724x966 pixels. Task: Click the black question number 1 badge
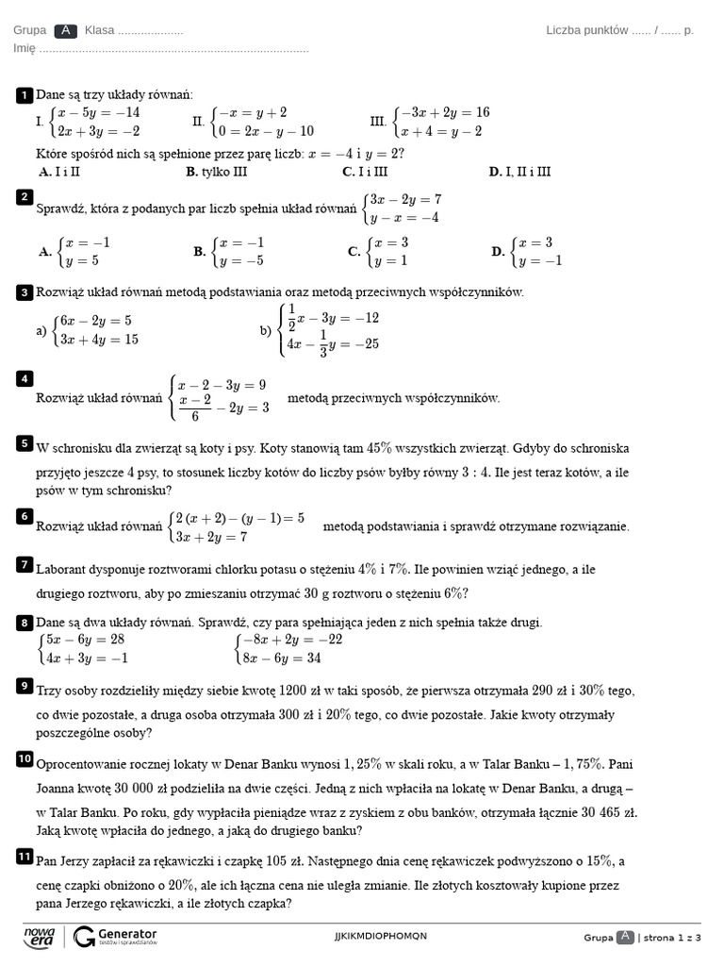[x=24, y=95]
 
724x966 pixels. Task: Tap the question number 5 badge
[x=24, y=442]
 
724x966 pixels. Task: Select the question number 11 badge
[x=24, y=856]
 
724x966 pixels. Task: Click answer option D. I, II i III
[x=519, y=172]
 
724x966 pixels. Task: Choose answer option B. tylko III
[x=217, y=172]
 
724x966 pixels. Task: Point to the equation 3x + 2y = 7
[x=210, y=537]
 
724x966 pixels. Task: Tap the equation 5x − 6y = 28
[x=86, y=640]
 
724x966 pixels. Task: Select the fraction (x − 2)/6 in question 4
[x=194, y=408]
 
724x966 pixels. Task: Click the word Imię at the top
[x=25, y=48]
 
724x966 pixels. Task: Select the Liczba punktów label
[x=587, y=30]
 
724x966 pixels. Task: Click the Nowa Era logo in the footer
[x=40, y=936]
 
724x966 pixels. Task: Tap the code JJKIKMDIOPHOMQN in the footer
[x=381, y=936]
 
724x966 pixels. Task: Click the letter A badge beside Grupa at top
[x=65, y=30]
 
